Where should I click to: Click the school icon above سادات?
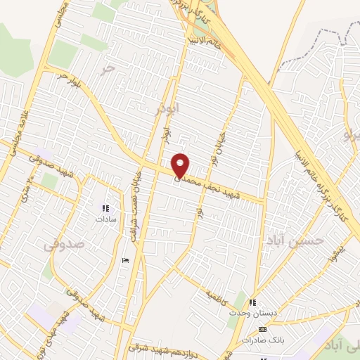pyautogui.click(x=106, y=208)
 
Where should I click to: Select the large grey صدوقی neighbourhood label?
pyautogui.click(x=63, y=245)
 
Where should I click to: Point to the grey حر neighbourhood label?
pyautogui.click(x=107, y=68)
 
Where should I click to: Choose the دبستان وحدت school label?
pyautogui.click(x=252, y=314)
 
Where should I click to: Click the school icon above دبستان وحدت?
pyautogui.click(x=252, y=303)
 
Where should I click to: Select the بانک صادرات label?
pyautogui.click(x=262, y=340)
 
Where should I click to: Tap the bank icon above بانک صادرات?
pyautogui.click(x=263, y=329)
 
